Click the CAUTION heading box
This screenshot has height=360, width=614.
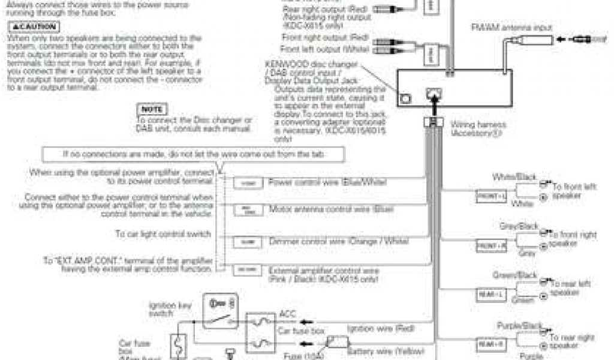pyautogui.click(x=34, y=28)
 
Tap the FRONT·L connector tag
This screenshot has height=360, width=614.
pyautogui.click(x=491, y=196)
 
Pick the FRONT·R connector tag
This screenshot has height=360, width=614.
pyautogui.click(x=491, y=245)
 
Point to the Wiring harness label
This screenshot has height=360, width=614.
pyautogui.click(x=479, y=128)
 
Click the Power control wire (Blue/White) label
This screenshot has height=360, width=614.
pyautogui.click(x=327, y=181)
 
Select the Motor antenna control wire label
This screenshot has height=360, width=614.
pyautogui.click(x=331, y=209)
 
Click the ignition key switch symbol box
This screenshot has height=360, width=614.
pyautogui.click(x=221, y=311)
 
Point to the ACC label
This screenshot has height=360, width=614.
pyautogui.click(x=287, y=314)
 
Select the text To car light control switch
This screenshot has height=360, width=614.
pyautogui.click(x=163, y=233)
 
